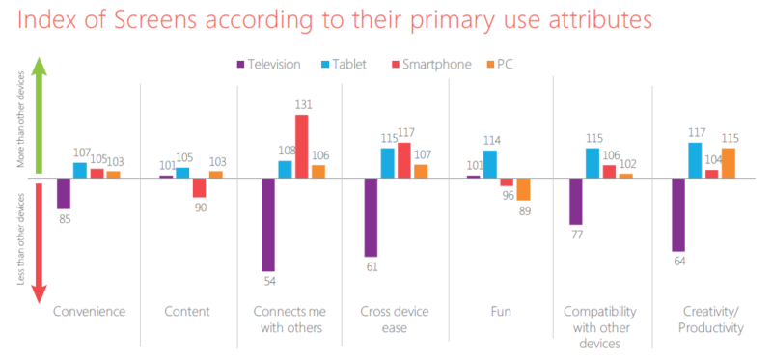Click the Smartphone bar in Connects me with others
[302, 146]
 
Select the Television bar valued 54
[268, 224]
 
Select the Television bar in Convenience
[64, 193]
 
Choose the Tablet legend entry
[341, 65]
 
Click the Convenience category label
[91, 311]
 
